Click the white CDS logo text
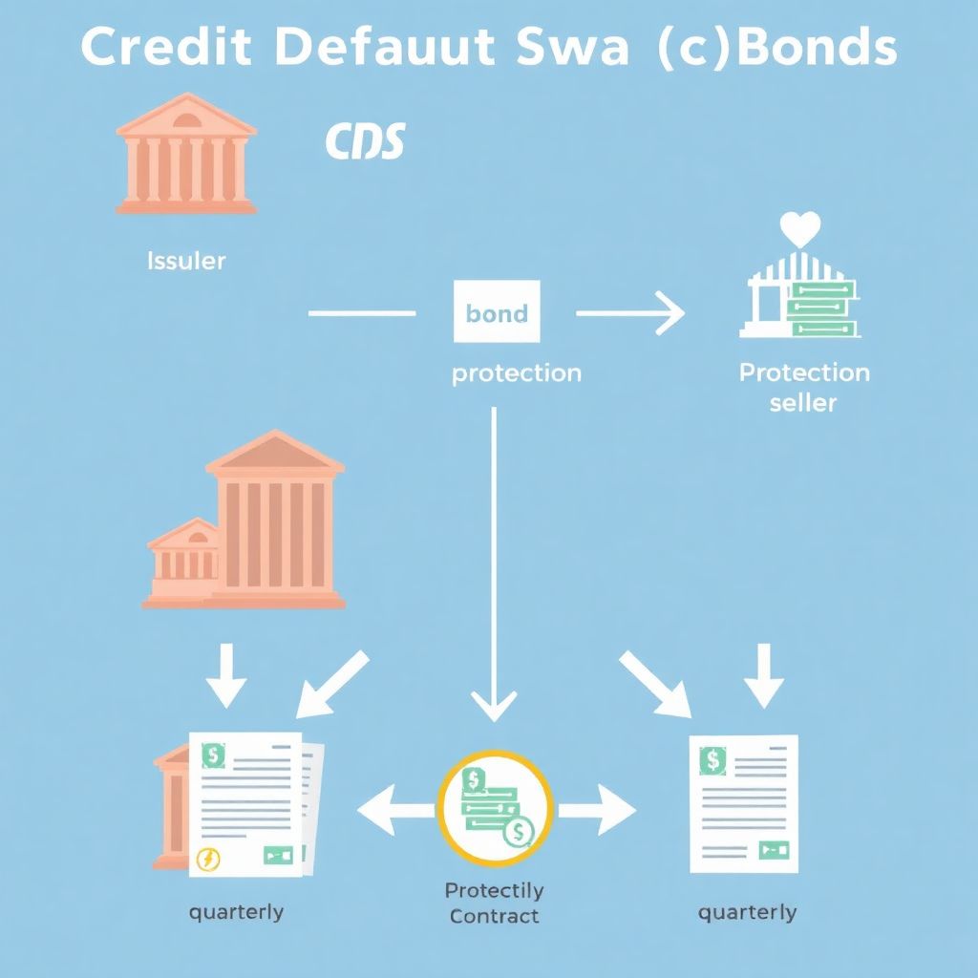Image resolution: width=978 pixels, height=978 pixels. click(365, 141)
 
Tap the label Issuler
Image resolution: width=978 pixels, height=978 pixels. click(186, 260)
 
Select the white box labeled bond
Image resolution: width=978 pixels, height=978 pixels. click(497, 311)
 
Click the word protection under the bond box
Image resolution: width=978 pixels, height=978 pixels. click(516, 372)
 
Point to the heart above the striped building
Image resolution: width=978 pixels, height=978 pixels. click(800, 229)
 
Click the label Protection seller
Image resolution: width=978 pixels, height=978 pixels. click(804, 387)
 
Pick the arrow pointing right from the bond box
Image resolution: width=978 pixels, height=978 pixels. click(630, 313)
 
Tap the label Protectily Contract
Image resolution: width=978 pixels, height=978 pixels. click(494, 903)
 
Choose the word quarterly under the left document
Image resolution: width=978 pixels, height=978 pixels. click(236, 911)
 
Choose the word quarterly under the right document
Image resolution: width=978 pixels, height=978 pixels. click(747, 912)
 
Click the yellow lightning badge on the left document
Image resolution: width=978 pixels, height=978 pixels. click(207, 859)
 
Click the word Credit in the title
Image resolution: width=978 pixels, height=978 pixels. click(165, 48)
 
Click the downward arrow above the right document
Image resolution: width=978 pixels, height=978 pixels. click(764, 676)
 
